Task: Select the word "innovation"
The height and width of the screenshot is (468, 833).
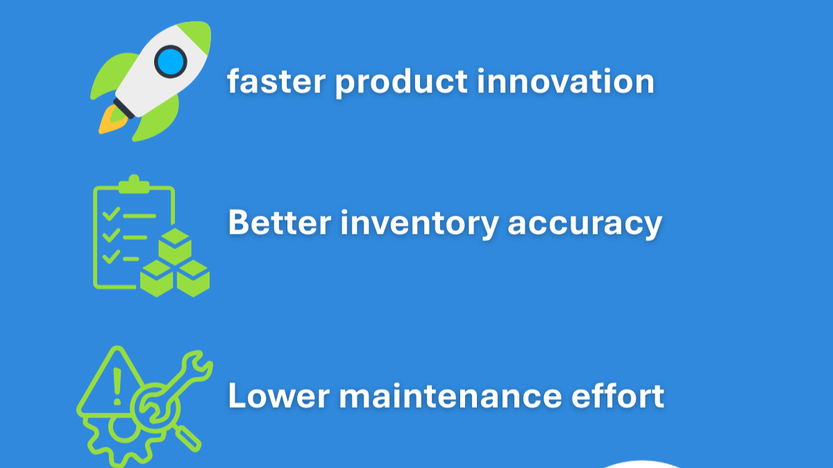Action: [x=566, y=82]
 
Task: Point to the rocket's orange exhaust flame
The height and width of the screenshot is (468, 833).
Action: [x=109, y=122]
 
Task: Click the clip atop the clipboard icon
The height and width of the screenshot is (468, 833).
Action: [x=133, y=184]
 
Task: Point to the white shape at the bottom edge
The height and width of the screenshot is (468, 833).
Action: [x=642, y=463]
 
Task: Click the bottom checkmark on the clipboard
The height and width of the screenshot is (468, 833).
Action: [x=110, y=258]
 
